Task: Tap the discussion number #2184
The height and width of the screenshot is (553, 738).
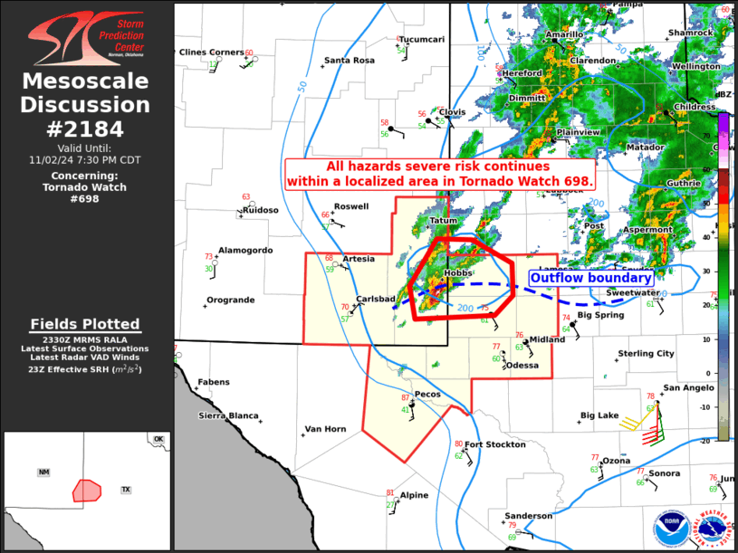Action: tap(86, 128)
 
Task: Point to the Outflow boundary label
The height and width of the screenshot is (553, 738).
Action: tap(590, 278)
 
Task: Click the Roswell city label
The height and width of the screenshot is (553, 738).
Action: tap(351, 206)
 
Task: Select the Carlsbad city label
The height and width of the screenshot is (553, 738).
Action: tap(375, 299)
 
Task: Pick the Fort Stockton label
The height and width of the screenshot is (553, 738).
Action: tap(494, 444)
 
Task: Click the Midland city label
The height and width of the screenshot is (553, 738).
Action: tap(547, 339)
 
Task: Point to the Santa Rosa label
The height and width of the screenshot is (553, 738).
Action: tap(350, 61)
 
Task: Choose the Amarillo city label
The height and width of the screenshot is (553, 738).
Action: tap(563, 34)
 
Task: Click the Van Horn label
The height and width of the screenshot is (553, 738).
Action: tap(325, 429)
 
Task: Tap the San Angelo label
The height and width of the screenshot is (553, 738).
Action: tap(689, 388)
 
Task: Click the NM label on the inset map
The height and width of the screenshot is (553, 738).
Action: tap(43, 472)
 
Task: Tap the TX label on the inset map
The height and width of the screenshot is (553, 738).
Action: tap(126, 490)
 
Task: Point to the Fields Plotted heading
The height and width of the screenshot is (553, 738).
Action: tap(85, 324)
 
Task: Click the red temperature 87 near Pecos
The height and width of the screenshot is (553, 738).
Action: tap(406, 398)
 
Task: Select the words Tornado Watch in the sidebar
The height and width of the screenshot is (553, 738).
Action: tap(85, 187)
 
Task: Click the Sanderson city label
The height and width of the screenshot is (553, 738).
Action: tap(528, 516)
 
